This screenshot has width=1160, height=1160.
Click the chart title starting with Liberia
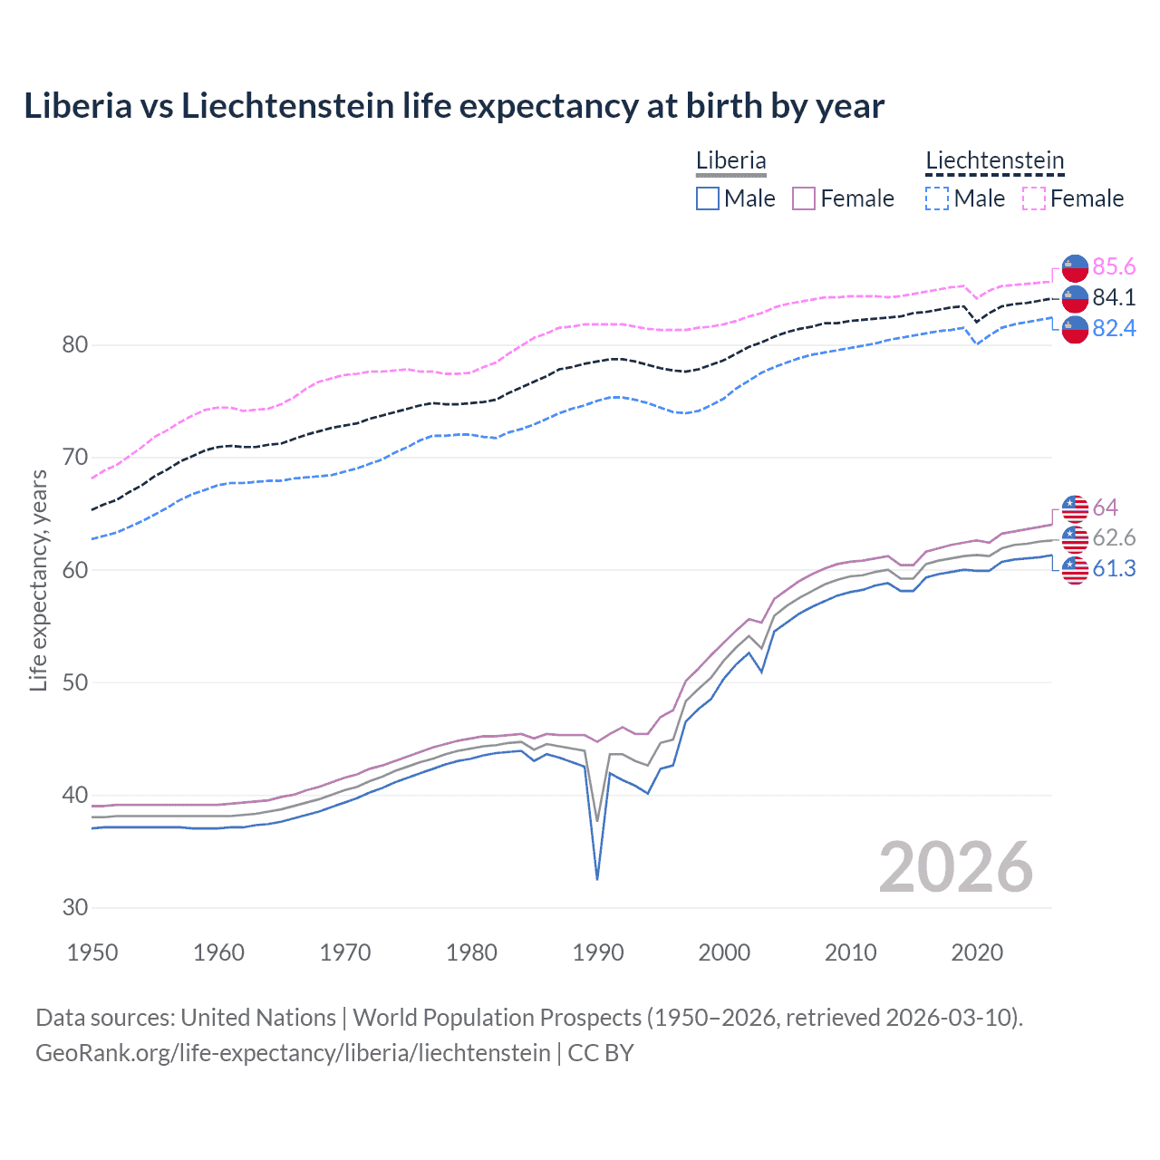pos(454,106)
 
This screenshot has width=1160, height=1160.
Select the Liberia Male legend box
pos(708,198)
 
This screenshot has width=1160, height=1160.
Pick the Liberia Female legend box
pos(804,198)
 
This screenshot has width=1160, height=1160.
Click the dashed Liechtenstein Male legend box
pos(937,198)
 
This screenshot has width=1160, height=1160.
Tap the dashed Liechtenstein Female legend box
pos(1034,198)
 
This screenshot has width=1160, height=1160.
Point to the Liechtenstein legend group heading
pos(994,161)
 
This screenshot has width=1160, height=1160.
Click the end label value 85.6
pos(1114,266)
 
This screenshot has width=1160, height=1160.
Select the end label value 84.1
pos(1114,297)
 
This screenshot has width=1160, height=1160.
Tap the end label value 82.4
pos(1114,328)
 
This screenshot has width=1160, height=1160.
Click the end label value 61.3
pos(1114,568)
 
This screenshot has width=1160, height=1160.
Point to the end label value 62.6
pos(1114,537)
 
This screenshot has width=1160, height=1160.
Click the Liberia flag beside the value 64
pos(1075,507)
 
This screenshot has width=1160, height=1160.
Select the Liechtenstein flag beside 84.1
pos(1075,298)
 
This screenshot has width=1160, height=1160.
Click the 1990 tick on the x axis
pos(598,952)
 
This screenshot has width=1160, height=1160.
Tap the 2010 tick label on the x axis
pos(850,952)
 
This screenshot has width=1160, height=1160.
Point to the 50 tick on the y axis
pos(75,682)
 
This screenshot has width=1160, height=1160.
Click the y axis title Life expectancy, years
pos(38,580)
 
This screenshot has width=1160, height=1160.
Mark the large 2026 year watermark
pos(955,867)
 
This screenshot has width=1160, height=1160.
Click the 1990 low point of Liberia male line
pos(597,878)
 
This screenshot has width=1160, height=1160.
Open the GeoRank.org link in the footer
pos(293,1052)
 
